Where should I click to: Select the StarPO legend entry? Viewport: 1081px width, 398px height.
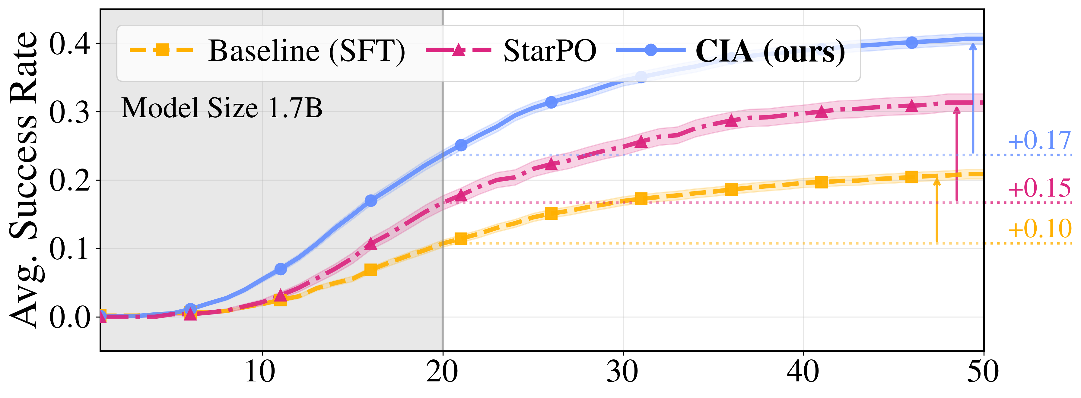(x=549, y=51)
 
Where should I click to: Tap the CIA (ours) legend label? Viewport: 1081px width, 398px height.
(x=770, y=51)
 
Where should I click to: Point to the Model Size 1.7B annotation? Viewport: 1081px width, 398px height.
(x=221, y=108)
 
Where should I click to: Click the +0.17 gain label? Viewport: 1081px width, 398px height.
(x=1039, y=141)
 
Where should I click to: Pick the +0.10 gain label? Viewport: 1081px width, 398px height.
(x=1039, y=229)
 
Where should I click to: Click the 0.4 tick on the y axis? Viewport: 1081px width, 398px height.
(x=70, y=44)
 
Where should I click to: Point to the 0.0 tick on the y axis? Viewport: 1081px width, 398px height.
(x=70, y=317)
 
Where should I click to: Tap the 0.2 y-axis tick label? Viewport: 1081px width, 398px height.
(x=70, y=181)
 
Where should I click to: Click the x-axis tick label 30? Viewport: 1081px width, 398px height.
(x=623, y=371)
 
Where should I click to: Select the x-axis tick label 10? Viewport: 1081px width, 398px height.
(x=260, y=371)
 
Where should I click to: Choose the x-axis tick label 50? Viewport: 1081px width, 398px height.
(x=983, y=371)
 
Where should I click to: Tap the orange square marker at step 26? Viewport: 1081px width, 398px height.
(x=551, y=213)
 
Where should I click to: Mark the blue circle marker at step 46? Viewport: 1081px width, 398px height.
(x=911, y=42)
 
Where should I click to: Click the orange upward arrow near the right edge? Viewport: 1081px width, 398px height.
(x=937, y=210)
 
